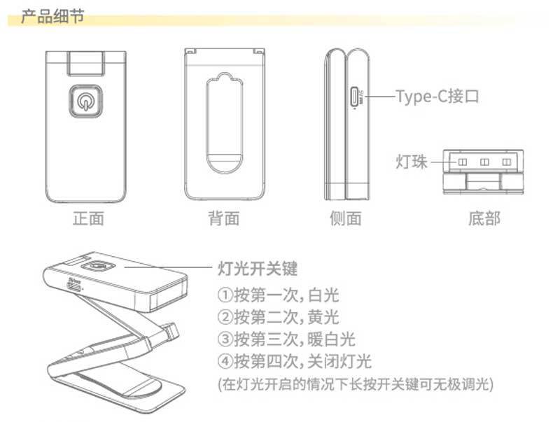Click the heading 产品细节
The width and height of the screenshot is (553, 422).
(52, 16)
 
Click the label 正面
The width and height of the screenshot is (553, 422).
(88, 219)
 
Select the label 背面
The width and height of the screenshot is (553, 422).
(224, 219)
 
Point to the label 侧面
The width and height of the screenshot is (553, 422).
(346, 219)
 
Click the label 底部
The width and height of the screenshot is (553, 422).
(484, 219)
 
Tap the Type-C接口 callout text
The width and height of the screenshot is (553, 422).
(438, 96)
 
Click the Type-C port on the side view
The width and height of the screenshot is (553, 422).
(355, 96)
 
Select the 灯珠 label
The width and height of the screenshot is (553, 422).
(412, 163)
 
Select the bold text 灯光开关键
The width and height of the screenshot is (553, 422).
(258, 268)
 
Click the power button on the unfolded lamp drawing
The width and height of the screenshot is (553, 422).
(97, 266)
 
